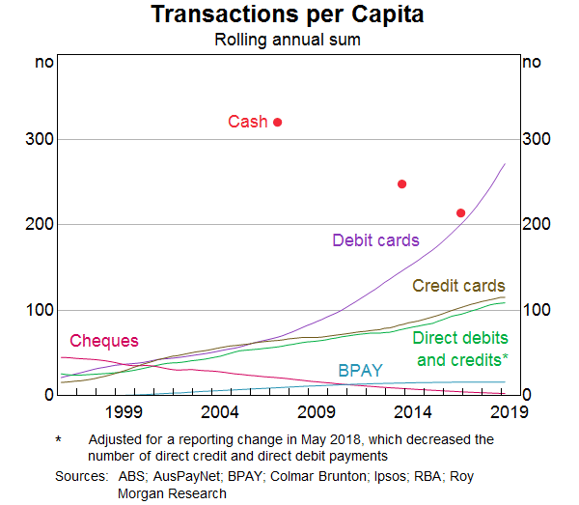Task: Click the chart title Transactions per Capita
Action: click(288, 16)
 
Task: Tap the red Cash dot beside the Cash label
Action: click(278, 122)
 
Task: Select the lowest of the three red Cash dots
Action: click(460, 212)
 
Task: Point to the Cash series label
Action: click(248, 123)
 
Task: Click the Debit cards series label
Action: click(375, 239)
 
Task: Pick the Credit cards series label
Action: click(458, 286)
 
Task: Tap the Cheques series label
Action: click(104, 341)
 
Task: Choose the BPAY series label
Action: click(359, 370)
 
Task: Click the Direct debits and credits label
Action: click(460, 349)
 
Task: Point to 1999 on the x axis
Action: click(124, 412)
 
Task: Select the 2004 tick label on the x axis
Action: click(220, 412)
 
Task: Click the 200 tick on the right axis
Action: click(535, 225)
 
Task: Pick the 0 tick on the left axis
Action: click(47, 395)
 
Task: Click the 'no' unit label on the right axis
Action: click(531, 63)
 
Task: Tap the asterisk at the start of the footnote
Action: click(58, 439)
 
